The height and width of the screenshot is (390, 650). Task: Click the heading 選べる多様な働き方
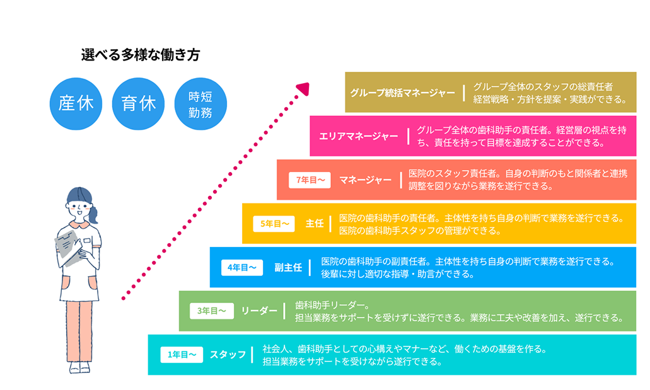point(140,55)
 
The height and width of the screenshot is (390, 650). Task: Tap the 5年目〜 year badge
point(274,224)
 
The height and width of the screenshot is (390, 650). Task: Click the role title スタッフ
point(228,355)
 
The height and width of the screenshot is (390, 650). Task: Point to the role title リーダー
point(259,311)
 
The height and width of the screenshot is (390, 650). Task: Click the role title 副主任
point(288,267)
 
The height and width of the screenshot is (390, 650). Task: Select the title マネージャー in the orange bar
point(365,180)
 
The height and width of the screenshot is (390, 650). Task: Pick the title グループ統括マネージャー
point(402,93)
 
